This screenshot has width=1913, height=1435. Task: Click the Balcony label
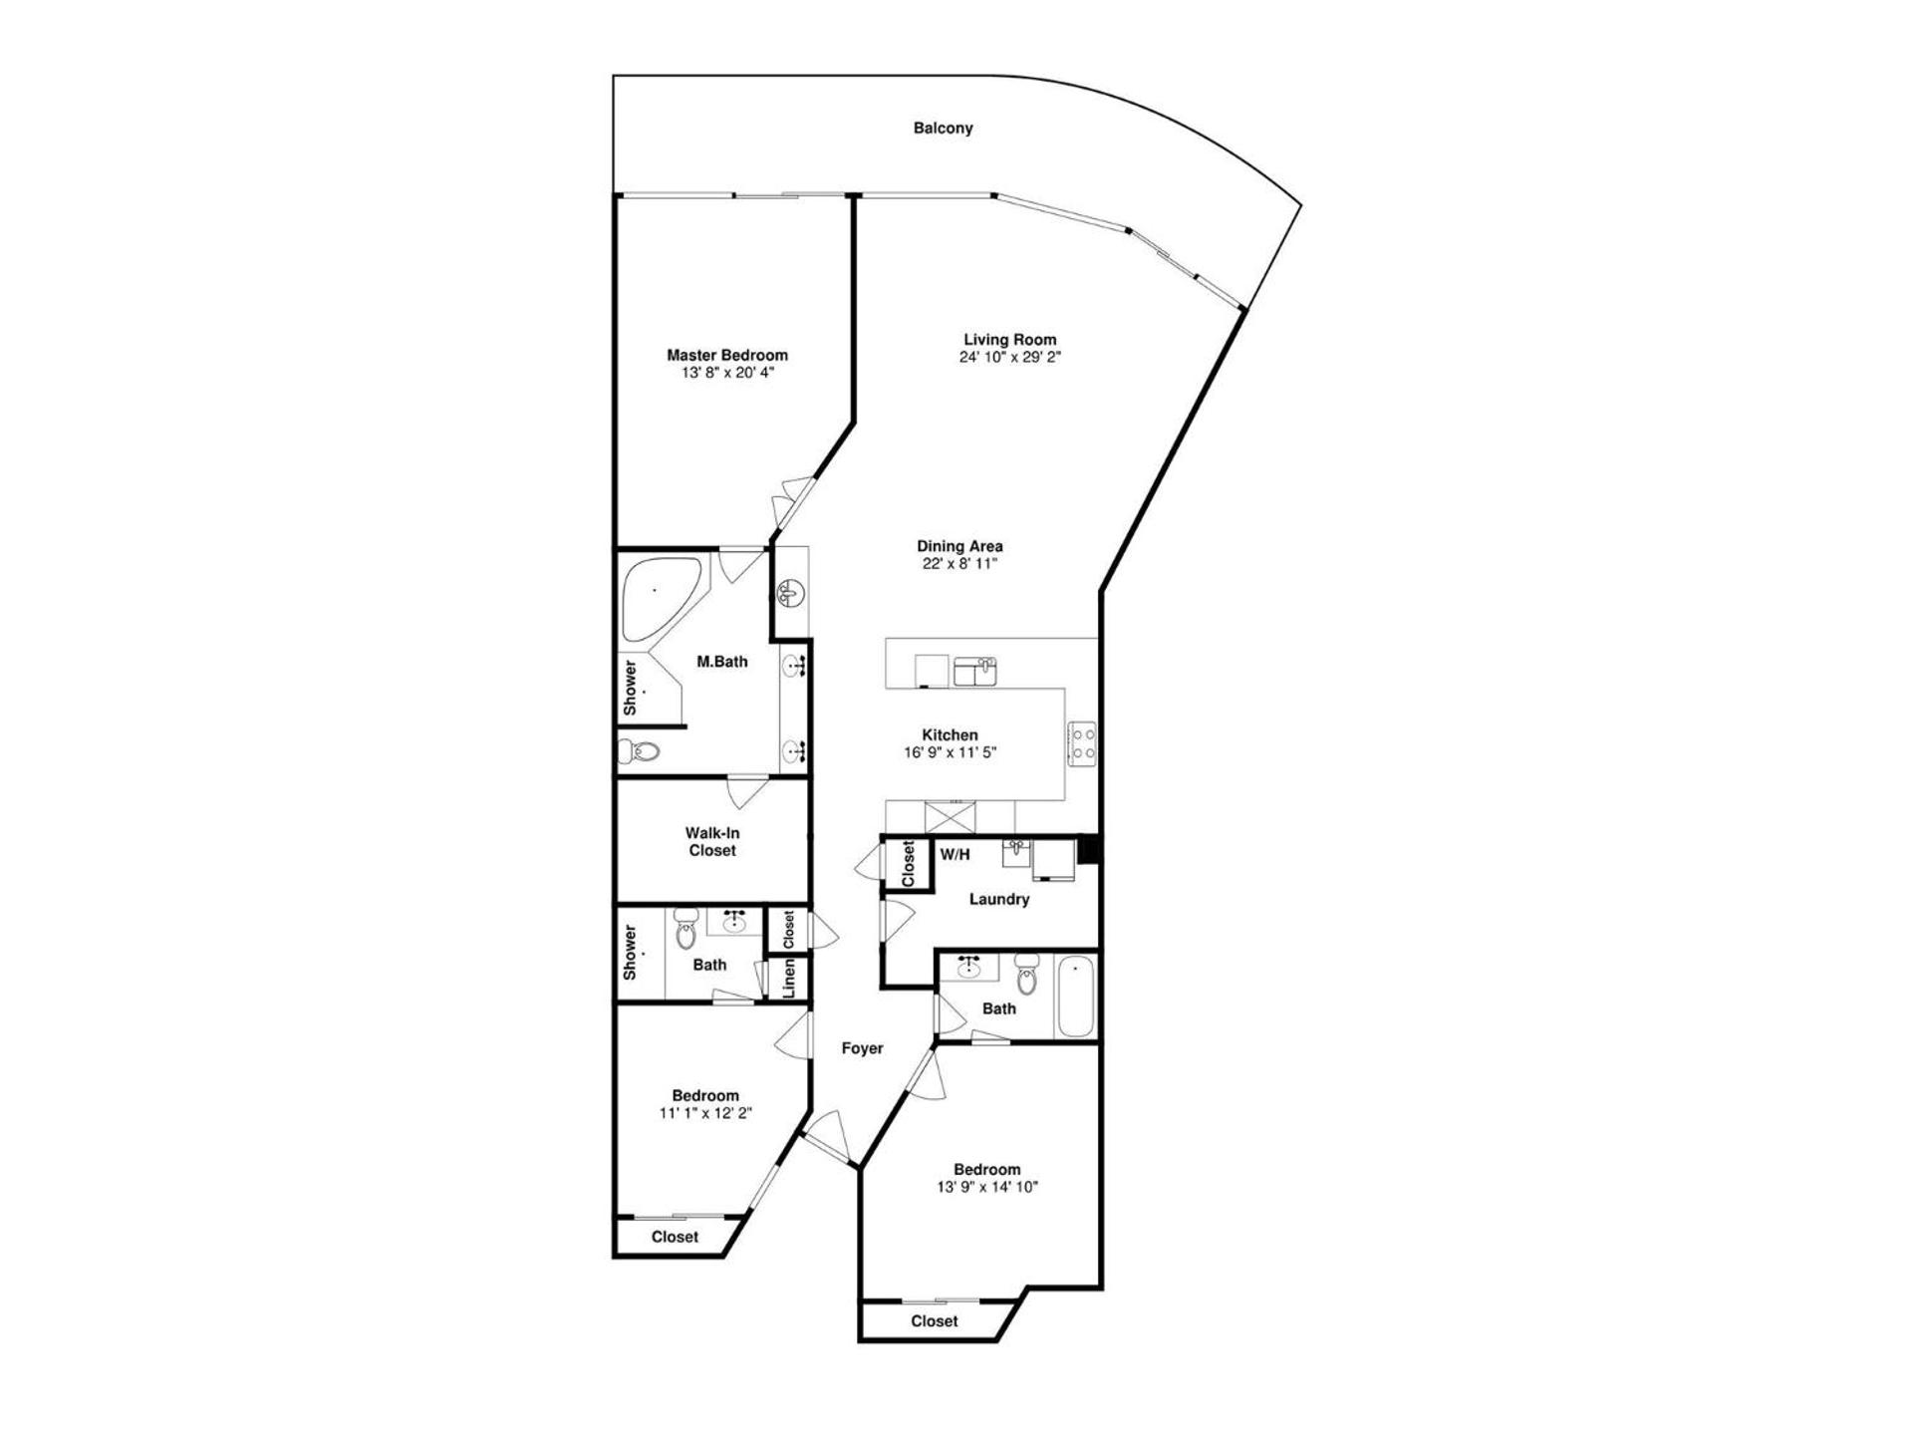click(x=943, y=129)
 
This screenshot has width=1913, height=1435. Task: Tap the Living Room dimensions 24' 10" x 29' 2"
click(x=1009, y=357)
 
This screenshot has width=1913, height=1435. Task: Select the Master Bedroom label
click(x=726, y=355)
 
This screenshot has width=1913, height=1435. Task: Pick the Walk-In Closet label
click(x=711, y=842)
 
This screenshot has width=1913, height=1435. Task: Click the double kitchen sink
click(x=974, y=672)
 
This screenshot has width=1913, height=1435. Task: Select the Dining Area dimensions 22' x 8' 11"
click(x=959, y=564)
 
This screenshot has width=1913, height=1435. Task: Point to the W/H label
click(x=955, y=854)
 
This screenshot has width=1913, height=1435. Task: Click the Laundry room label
click(x=998, y=899)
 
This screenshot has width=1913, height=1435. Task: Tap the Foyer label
click(x=862, y=1048)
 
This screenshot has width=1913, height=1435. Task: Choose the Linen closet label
click(x=789, y=978)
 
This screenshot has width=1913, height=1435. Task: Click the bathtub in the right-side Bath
click(x=1076, y=997)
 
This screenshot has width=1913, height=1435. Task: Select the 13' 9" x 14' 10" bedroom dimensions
click(x=986, y=1187)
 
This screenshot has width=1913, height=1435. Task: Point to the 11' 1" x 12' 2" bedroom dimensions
click(x=704, y=1113)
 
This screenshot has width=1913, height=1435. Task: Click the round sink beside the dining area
click(x=789, y=594)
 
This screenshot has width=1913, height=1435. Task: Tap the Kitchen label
click(x=950, y=735)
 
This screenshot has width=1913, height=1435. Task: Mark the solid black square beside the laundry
click(x=1088, y=848)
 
